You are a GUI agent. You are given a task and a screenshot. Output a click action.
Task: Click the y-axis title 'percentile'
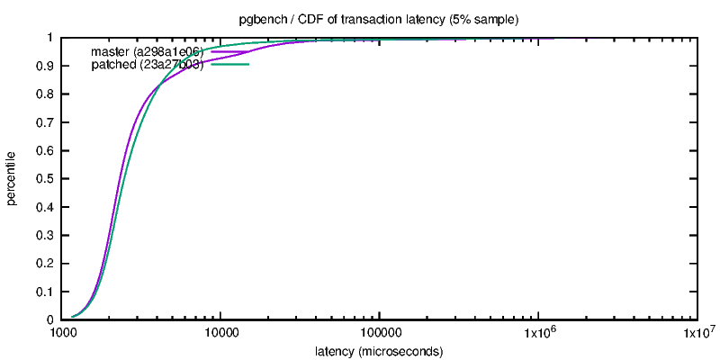click(x=12, y=178)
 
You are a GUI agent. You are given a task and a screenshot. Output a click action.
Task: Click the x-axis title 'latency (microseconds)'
click(x=379, y=351)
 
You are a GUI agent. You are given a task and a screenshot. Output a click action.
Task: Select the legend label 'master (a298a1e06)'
click(x=147, y=51)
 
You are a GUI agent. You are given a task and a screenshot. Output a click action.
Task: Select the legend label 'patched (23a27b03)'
click(x=147, y=65)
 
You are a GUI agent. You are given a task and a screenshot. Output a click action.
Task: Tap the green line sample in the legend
click(x=229, y=65)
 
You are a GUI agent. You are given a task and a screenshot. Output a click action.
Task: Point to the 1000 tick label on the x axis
click(x=62, y=334)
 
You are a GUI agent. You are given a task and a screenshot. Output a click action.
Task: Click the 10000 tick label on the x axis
click(x=220, y=334)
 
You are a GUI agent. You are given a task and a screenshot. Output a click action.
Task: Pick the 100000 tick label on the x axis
click(x=379, y=334)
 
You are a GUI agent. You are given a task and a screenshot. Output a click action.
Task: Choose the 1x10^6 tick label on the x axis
click(x=538, y=334)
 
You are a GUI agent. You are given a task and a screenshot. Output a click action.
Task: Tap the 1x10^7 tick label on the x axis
click(x=697, y=334)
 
